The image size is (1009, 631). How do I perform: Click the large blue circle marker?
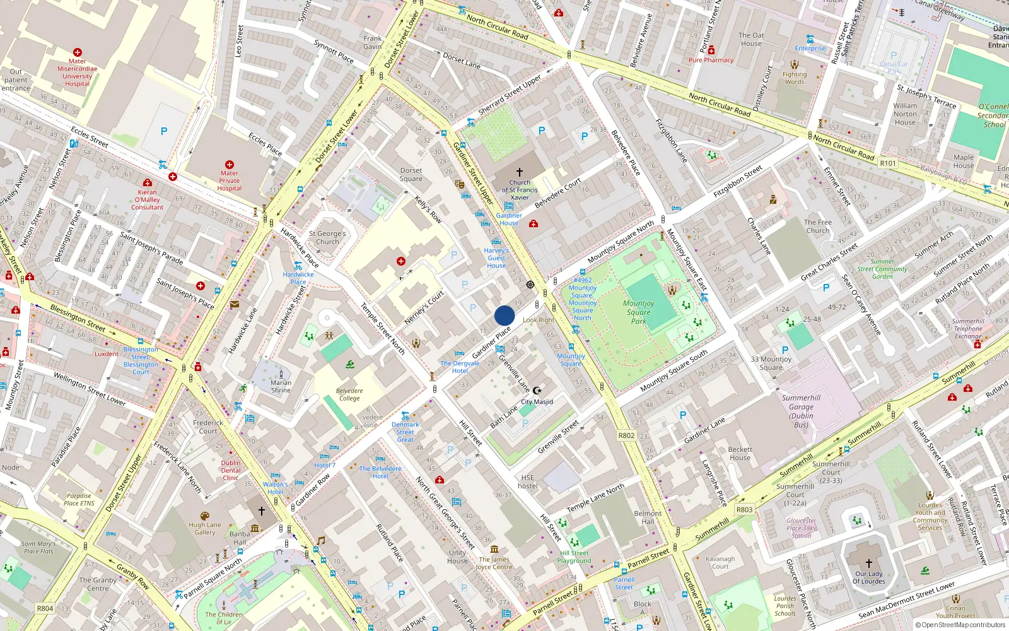coord(504,315)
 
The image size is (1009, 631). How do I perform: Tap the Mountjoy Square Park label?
coord(638,312)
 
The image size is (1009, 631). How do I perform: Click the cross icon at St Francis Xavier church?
coord(520,172)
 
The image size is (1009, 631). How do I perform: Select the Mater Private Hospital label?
coord(230,180)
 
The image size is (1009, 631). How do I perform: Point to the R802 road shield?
coord(626,435)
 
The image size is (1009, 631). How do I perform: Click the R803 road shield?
coord(744,509)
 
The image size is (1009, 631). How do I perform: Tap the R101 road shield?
coord(888,163)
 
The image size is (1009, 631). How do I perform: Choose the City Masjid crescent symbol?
coord(537,391)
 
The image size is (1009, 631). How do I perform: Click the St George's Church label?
coord(327,237)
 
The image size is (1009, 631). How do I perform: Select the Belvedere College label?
coord(349,394)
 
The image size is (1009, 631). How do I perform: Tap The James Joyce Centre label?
coord(494,563)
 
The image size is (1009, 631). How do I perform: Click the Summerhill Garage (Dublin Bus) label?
coord(801,411)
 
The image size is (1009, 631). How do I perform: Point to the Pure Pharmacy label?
coord(711,60)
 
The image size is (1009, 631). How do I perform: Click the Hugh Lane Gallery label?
coord(205,528)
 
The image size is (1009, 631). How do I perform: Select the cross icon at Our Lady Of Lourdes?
coord(868,563)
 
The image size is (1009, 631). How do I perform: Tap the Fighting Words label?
coord(795,78)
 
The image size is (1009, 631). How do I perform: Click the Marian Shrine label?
coord(281,386)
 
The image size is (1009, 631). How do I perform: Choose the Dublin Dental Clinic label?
coord(231,470)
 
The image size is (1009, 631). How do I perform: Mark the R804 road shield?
coord(45,608)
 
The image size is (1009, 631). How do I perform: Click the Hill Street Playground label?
coord(574,557)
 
